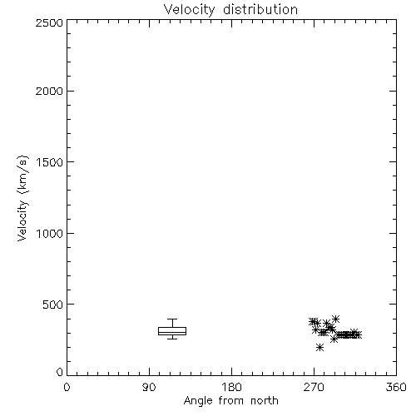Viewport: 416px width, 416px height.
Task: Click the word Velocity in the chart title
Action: [x=190, y=10]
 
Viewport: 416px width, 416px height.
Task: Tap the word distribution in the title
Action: [x=260, y=9]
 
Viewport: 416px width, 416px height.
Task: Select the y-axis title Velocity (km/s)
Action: [x=22, y=198]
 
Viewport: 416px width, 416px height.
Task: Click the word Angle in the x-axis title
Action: [x=198, y=401]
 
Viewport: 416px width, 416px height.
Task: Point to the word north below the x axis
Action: [x=265, y=400]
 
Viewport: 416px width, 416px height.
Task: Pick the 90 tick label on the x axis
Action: [x=149, y=387]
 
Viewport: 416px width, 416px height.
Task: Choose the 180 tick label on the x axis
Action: [x=231, y=387]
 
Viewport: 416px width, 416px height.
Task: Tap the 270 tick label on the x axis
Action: [x=314, y=387]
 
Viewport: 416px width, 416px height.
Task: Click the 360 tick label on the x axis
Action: [x=396, y=387]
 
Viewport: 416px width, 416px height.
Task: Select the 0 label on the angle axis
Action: [x=67, y=387]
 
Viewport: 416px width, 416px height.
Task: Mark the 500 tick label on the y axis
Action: [x=53, y=305]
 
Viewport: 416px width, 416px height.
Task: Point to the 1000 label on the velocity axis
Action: [x=50, y=234]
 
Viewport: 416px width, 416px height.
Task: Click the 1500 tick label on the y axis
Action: [x=50, y=162]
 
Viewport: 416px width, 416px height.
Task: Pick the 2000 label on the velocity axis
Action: [x=50, y=92]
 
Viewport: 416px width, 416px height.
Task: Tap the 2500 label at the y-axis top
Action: [x=50, y=22]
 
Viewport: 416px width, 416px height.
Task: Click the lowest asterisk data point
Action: [x=319, y=347]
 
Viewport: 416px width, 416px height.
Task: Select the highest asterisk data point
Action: [x=335, y=319]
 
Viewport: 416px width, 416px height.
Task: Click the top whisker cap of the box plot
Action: [x=172, y=319]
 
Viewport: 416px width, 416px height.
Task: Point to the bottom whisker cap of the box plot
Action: [x=172, y=339]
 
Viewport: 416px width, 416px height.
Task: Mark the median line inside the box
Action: [x=172, y=332]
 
